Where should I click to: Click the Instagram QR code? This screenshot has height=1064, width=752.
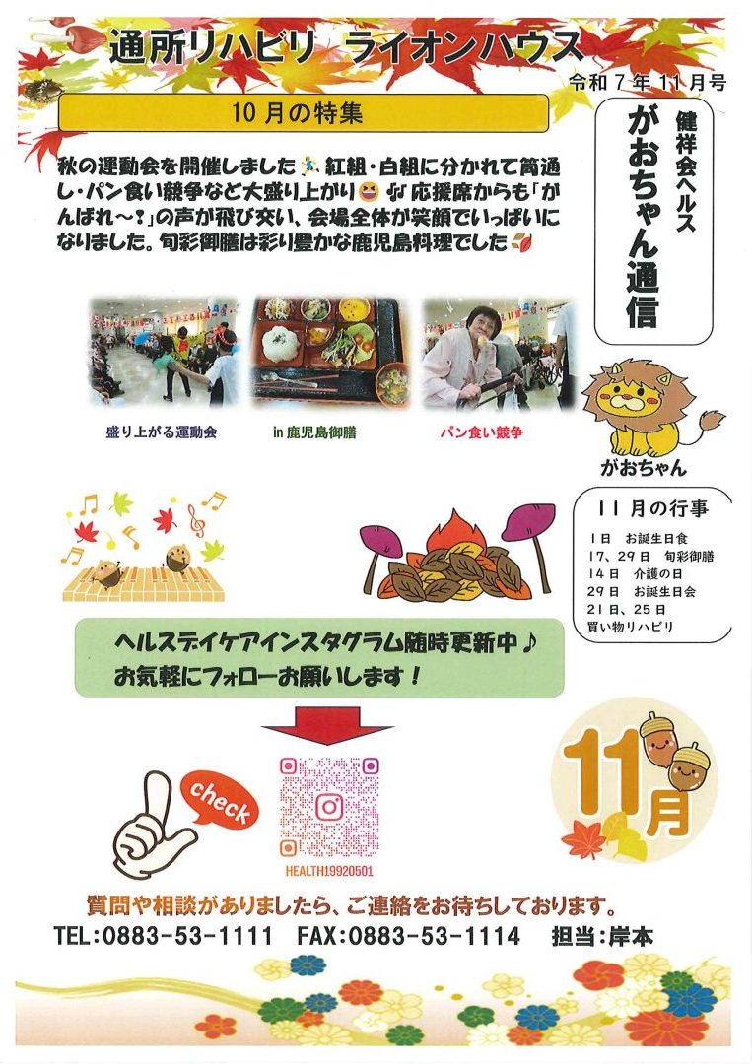[x=329, y=807]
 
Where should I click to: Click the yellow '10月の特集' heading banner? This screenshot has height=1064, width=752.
[x=303, y=112]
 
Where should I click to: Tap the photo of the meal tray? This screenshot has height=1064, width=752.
[x=332, y=352]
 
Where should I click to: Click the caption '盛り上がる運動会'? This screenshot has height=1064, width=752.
[x=162, y=432]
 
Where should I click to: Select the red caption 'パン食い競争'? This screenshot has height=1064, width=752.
[x=481, y=432]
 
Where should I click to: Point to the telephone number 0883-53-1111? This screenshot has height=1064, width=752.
[x=186, y=937]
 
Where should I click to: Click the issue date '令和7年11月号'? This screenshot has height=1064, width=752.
[x=649, y=82]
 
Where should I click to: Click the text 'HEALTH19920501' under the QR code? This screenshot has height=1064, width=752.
[x=329, y=871]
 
